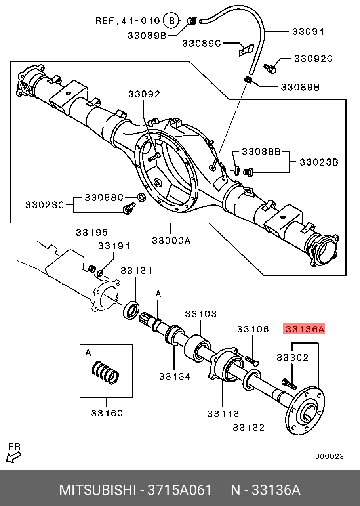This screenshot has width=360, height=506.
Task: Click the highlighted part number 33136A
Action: coord(304,329)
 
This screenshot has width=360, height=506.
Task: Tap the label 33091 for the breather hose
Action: coord(308,31)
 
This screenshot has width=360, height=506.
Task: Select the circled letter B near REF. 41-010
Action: coord(171,21)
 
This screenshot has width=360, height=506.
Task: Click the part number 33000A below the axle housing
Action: coord(171,240)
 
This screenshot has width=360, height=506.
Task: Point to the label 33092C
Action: coord(313,59)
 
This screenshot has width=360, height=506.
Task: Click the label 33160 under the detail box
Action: coord(107,413)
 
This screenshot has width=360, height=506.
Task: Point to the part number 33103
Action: coord(201,314)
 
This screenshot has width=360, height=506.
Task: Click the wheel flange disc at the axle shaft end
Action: coord(305,412)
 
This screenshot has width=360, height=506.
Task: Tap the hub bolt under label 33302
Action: coord(289,383)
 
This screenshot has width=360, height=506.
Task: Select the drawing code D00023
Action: coord(329,456)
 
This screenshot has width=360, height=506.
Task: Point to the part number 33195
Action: coord(91,233)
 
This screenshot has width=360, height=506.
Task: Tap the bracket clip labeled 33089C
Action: coord(246,51)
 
